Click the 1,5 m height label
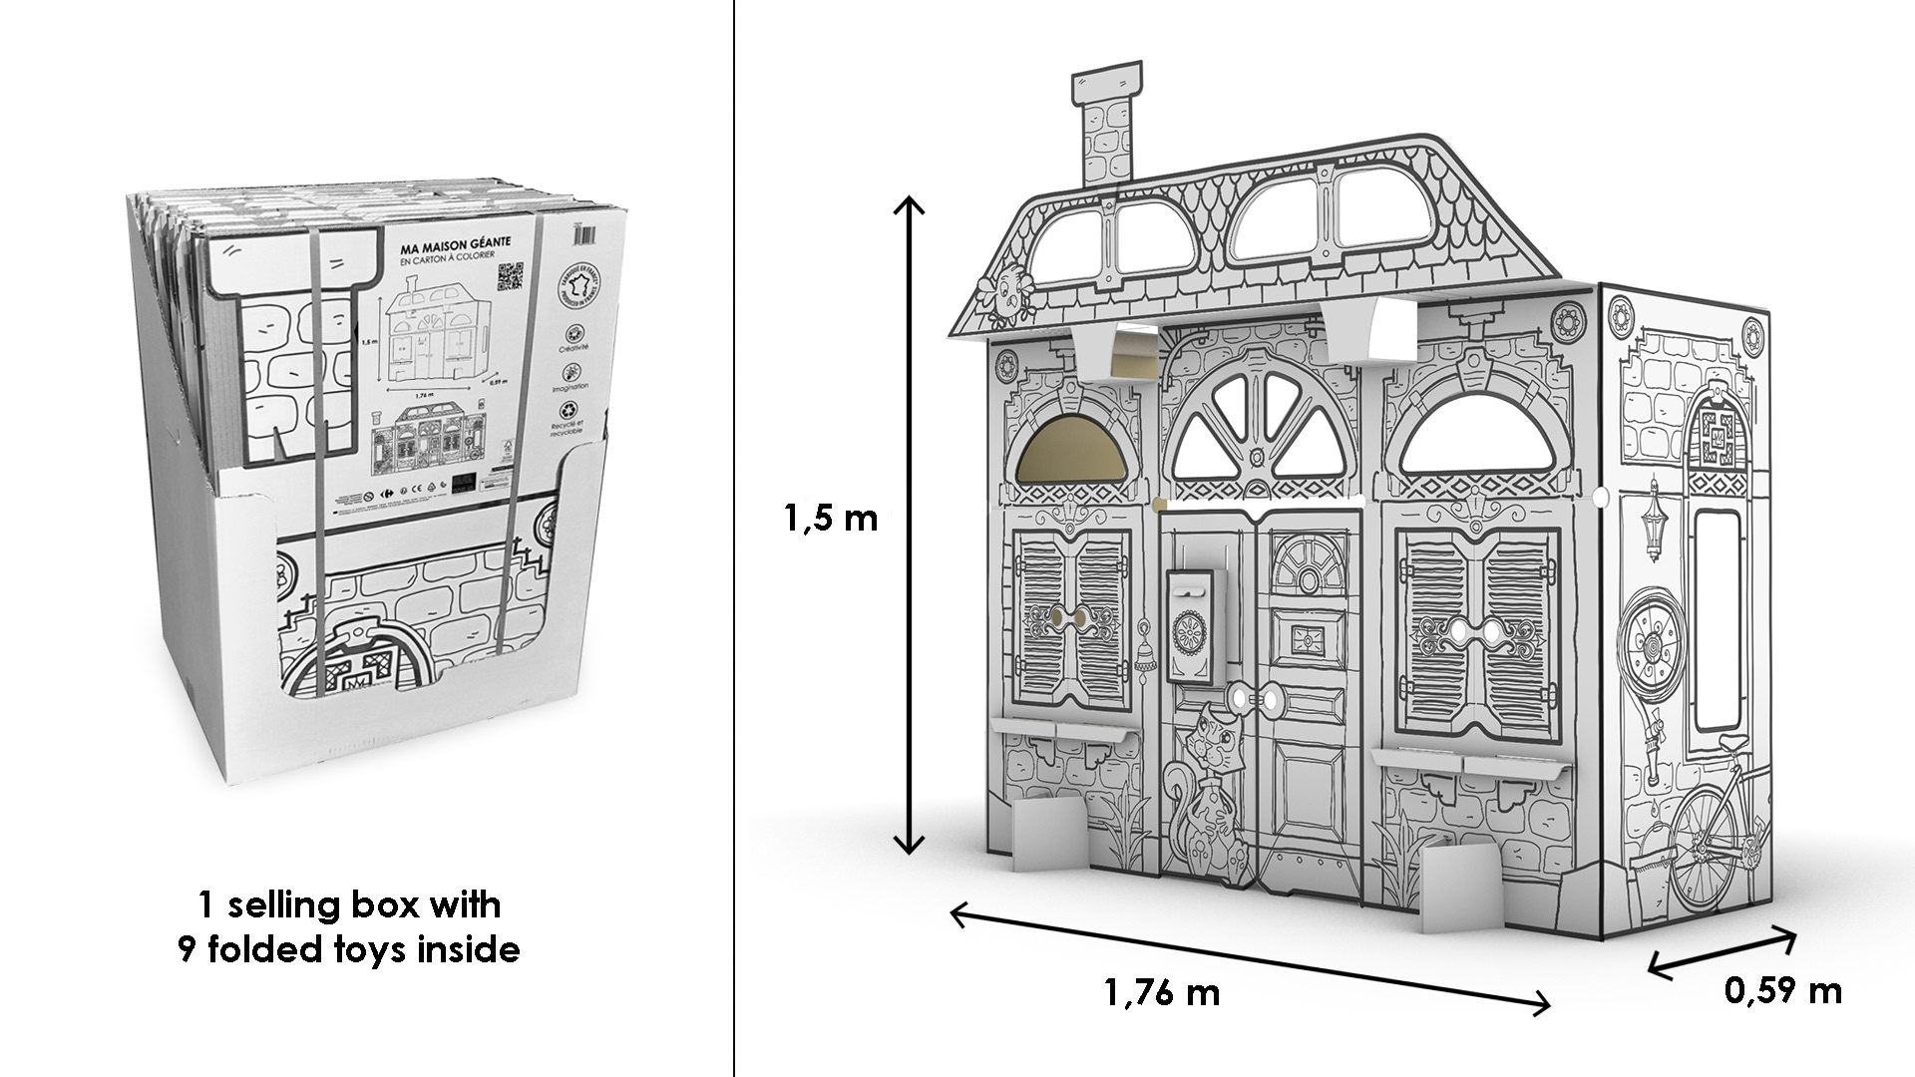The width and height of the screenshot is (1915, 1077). pyautogui.click(x=830, y=520)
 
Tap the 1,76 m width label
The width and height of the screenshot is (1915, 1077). pyautogui.click(x=1162, y=993)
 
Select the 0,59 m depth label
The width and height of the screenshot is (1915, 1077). pyautogui.click(x=1782, y=990)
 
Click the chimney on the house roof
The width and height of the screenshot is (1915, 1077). pyautogui.click(x=1104, y=130)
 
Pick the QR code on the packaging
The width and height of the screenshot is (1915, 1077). pyautogui.click(x=511, y=275)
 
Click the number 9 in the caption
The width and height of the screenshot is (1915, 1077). pyautogui.click(x=185, y=949)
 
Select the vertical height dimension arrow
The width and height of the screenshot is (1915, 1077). pyautogui.click(x=910, y=526)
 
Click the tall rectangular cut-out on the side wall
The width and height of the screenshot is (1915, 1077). pyautogui.click(x=1715, y=619)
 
